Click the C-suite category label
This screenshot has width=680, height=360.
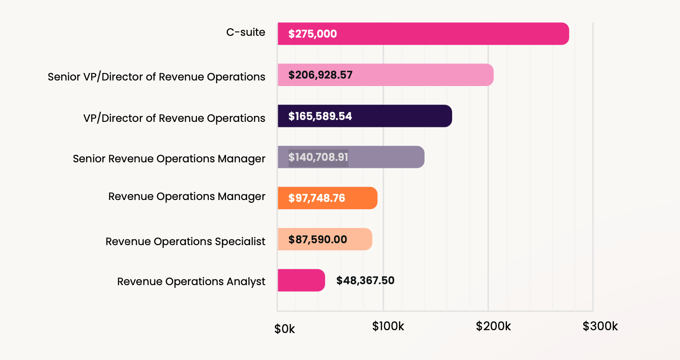[246, 33]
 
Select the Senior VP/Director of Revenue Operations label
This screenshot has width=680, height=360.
[157, 77]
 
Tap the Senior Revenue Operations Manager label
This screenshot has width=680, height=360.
[169, 159]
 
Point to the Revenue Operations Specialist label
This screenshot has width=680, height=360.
[185, 241]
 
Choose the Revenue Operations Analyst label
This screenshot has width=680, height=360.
[191, 282]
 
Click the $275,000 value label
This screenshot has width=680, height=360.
[313, 34]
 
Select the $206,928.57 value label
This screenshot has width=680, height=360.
[320, 75]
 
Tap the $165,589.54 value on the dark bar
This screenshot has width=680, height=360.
[320, 116]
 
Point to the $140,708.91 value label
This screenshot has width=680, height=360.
[318, 157]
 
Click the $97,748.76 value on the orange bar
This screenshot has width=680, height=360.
[317, 198]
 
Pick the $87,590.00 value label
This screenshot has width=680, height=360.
[318, 240]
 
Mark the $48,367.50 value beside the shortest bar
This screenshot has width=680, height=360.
[365, 280]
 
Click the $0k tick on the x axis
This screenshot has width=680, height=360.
[285, 329]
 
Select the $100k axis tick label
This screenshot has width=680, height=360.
[388, 327]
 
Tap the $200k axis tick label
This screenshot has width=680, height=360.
[493, 327]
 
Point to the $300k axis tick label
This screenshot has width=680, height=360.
[600, 327]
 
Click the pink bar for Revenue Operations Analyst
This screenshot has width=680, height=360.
[301, 280]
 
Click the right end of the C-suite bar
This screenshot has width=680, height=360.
[565, 34]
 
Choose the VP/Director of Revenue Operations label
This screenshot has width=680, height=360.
[174, 118]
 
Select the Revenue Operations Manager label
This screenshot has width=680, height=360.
[187, 196]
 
